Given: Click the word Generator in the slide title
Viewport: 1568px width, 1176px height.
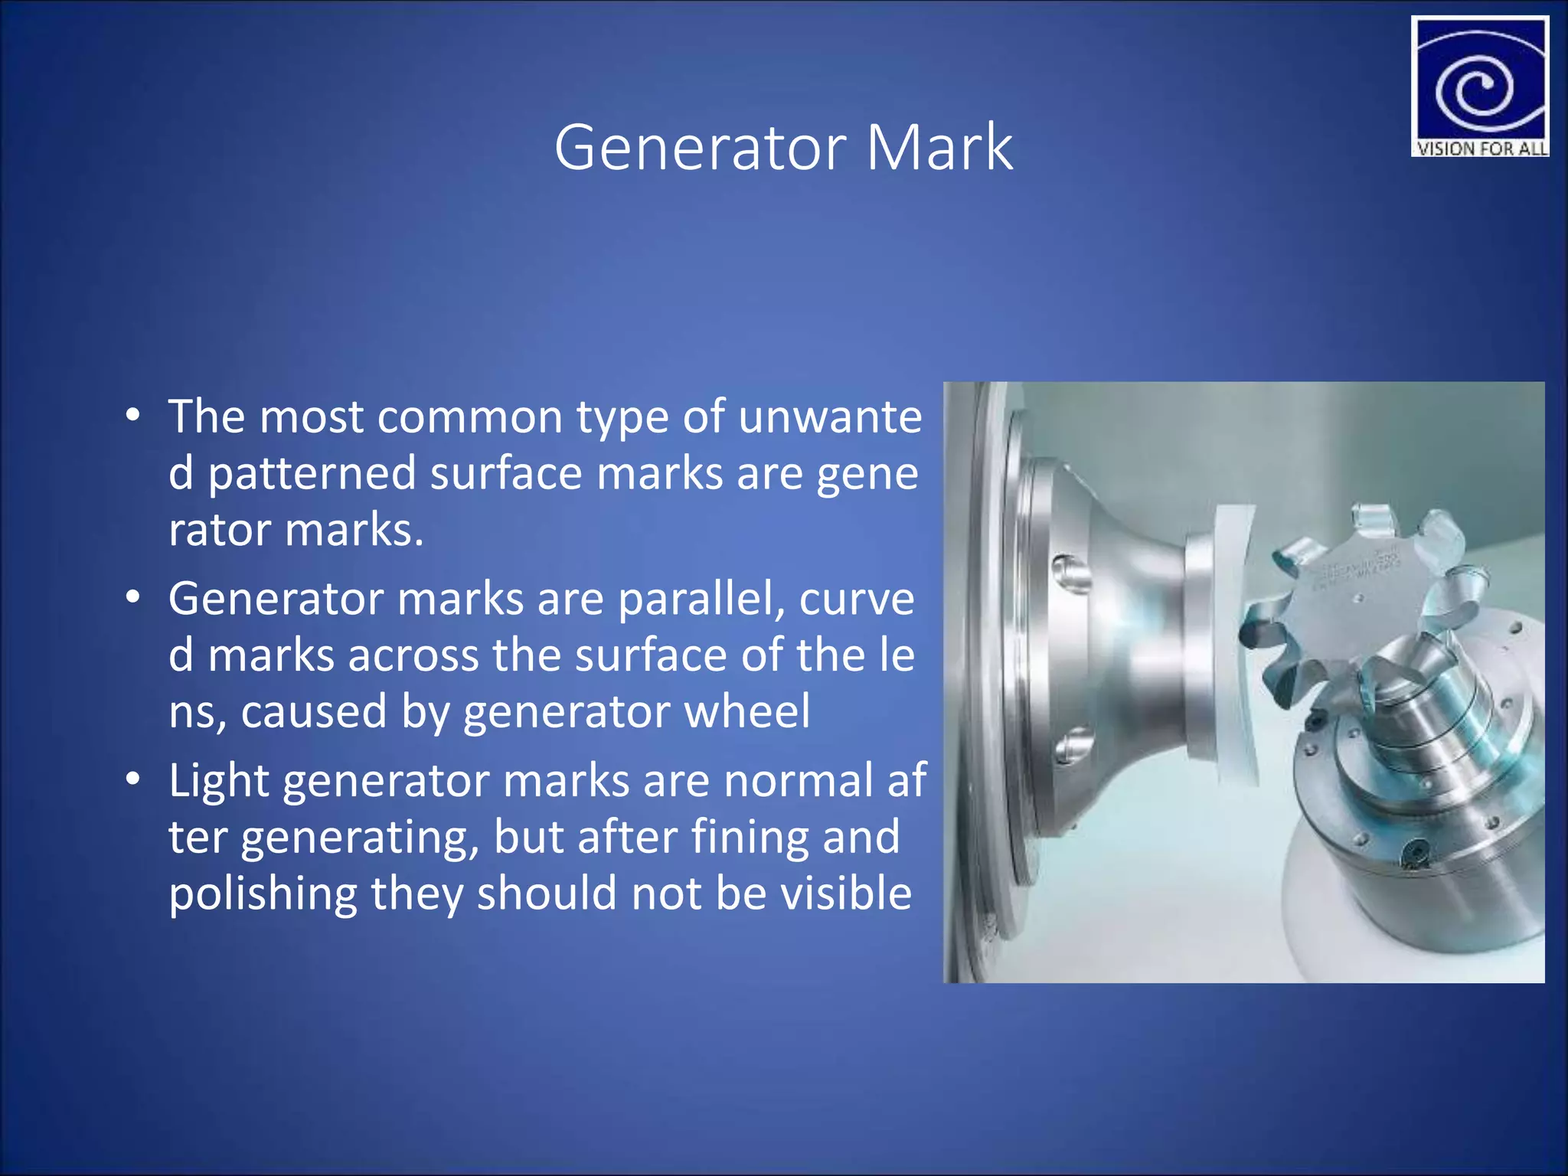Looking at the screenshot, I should (700, 147).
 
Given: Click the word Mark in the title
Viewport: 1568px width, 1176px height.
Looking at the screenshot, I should (939, 147).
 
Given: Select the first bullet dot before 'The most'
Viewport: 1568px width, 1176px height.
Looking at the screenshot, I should (134, 416).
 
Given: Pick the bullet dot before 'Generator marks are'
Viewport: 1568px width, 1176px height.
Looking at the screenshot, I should (134, 598).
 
